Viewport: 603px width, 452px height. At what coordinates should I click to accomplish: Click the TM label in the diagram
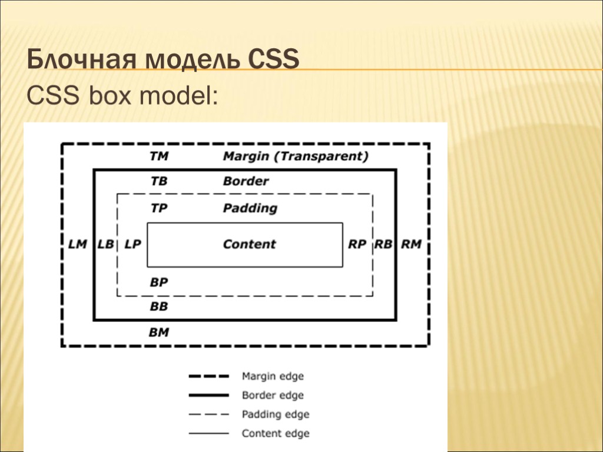(x=159, y=157)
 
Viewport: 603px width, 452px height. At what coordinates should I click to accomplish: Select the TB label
(x=159, y=181)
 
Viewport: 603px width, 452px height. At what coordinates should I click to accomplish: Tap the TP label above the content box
(x=159, y=208)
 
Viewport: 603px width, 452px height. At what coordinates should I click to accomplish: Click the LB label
(x=105, y=244)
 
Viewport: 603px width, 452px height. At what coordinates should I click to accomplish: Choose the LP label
(x=133, y=244)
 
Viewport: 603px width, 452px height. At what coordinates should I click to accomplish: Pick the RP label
(x=357, y=244)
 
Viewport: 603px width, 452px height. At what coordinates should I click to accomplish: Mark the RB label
(x=383, y=244)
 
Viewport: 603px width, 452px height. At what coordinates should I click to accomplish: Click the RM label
(x=411, y=244)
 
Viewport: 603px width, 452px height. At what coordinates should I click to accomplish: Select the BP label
(x=159, y=282)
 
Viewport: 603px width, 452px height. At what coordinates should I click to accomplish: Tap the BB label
(x=159, y=306)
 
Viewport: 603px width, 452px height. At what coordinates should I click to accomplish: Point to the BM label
(x=159, y=332)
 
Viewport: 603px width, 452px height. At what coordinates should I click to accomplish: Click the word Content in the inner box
(x=249, y=244)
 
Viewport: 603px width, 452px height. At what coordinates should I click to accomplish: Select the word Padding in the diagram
(x=250, y=208)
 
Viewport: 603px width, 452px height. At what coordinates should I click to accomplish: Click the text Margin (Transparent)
(x=296, y=157)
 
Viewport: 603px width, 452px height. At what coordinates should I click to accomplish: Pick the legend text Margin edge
(x=273, y=375)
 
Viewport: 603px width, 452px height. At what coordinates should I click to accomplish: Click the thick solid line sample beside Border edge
(x=208, y=395)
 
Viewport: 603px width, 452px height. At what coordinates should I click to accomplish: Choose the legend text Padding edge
(x=275, y=414)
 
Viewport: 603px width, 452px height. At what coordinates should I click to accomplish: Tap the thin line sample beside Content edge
(x=208, y=433)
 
